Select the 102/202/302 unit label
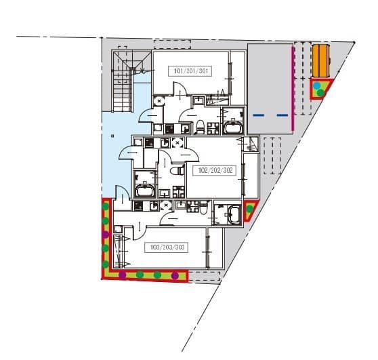click(x=216, y=170)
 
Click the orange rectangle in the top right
click(x=320, y=62)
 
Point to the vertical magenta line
click(x=292, y=88)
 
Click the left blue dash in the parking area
click(x=258, y=115)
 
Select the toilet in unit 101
click(x=201, y=125)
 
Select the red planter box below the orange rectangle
click(x=320, y=89)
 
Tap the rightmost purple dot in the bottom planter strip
click(x=175, y=275)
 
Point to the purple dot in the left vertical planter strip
click(x=105, y=234)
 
